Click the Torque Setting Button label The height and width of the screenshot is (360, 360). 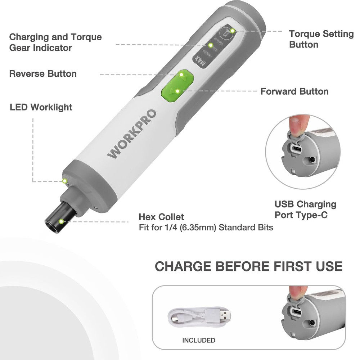coord(316,39)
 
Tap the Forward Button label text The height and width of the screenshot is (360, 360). coord(294,91)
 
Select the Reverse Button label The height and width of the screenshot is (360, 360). coord(43,74)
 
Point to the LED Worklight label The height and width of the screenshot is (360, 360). coord(41,107)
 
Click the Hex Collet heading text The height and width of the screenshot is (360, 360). coord(161,217)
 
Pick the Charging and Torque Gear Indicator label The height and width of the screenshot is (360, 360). coord(55,42)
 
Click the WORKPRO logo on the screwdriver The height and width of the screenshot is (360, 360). coord(132,134)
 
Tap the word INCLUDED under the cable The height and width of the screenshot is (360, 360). coord(199,340)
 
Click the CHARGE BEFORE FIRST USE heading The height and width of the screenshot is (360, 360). coord(248,266)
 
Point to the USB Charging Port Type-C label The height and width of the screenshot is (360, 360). coord(305,210)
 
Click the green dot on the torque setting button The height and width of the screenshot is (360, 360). coord(233,31)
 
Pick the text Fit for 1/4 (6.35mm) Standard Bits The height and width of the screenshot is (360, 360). coord(206,228)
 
